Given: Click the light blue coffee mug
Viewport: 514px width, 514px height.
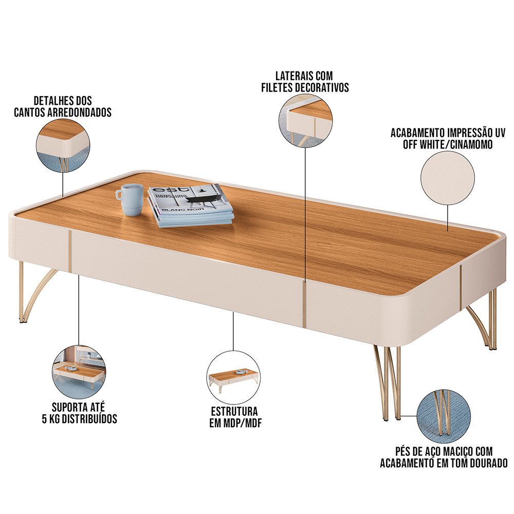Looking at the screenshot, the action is tap(130, 199).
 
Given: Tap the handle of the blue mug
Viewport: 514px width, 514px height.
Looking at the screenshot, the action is tap(119, 195).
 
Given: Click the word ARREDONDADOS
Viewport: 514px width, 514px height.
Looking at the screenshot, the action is tap(80, 113).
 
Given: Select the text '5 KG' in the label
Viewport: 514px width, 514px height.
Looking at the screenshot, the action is tap(51, 419).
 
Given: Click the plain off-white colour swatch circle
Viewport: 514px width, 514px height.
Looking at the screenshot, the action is tap(448, 178).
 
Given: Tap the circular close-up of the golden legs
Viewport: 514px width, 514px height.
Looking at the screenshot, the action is tap(444, 416).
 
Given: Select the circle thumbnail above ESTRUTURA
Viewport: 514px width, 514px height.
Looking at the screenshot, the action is tap(233, 377).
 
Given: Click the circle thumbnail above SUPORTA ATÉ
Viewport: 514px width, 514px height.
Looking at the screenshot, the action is tap(79, 372).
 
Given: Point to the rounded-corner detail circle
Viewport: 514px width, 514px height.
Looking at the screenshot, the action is tap(63, 146).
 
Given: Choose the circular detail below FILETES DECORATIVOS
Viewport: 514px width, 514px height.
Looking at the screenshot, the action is tap(305, 120).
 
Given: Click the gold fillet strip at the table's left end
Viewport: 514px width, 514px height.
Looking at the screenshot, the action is tap(70, 251).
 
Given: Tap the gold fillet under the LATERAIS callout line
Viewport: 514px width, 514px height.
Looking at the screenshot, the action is tap(304, 304).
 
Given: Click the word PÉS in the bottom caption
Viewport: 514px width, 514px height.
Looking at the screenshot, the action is tap(402, 451).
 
